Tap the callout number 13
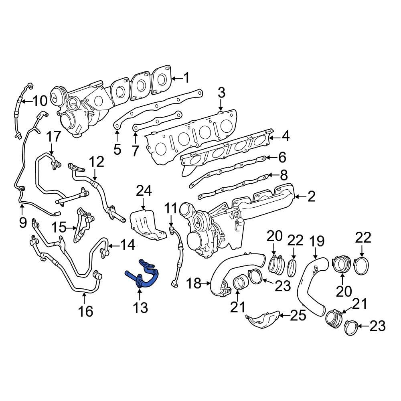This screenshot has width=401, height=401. (140, 308)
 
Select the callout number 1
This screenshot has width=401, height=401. (186, 77)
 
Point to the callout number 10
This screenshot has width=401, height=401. (40, 101)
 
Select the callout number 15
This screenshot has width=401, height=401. (60, 228)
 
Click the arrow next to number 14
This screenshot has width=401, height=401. (113, 245)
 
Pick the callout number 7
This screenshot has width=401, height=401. (135, 151)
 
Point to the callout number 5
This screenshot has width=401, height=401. (117, 149)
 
